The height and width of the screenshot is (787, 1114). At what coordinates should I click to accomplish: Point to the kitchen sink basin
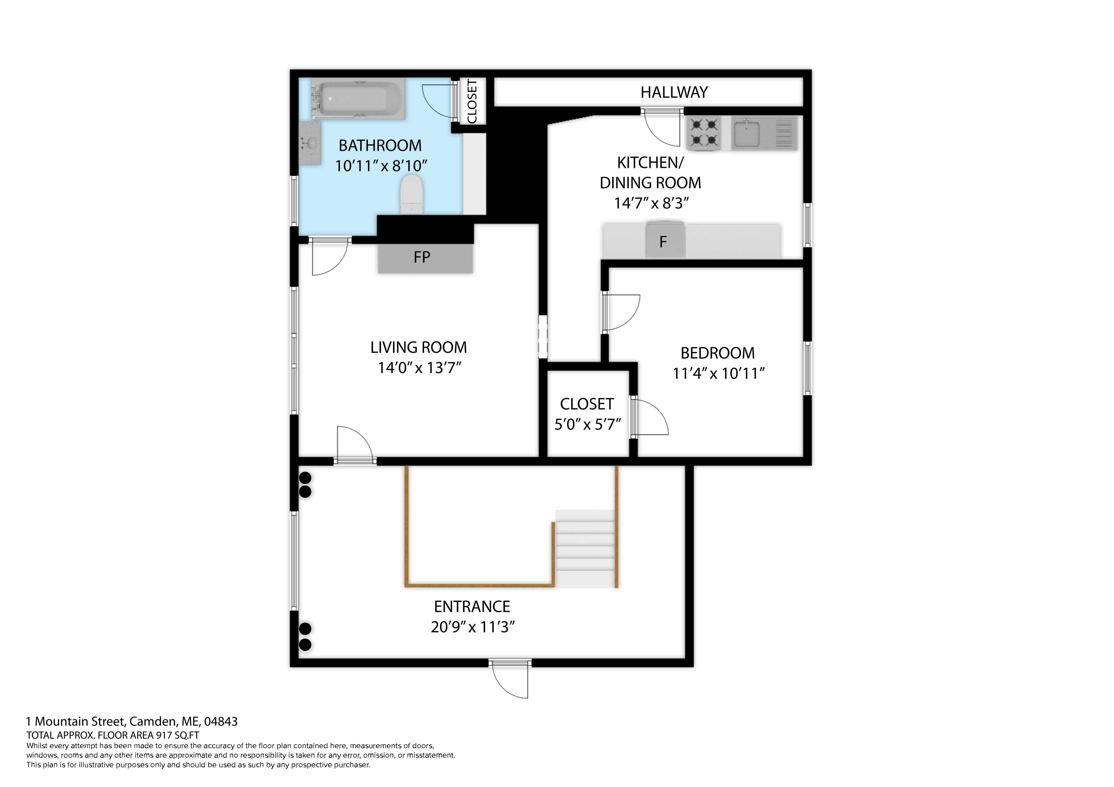coord(747,134)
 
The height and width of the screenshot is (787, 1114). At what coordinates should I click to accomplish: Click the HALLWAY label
coord(674,92)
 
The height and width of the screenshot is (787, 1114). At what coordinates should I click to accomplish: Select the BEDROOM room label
coord(717,353)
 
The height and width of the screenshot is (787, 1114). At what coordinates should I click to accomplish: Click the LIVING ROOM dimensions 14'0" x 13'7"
coord(419,368)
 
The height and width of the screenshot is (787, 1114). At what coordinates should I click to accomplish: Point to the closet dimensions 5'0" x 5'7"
coord(587,425)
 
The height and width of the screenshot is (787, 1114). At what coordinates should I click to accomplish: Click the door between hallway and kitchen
coord(662,127)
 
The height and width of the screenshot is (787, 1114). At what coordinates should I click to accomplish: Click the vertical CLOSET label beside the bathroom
coord(472,101)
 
